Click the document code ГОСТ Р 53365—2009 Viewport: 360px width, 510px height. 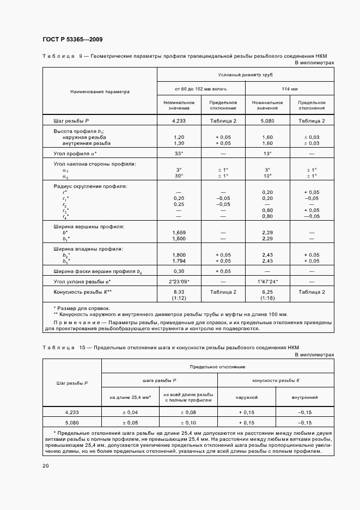72,40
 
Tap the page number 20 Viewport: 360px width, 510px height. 45,465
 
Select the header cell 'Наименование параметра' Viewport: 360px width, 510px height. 100,92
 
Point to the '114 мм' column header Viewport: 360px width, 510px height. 290,88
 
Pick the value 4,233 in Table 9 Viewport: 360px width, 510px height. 179,120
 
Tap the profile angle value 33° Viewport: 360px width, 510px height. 179,154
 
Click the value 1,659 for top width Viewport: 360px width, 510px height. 179,233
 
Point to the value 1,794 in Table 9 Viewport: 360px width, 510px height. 179,260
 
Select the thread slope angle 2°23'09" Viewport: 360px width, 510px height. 179,281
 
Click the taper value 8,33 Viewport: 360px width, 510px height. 179,292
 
